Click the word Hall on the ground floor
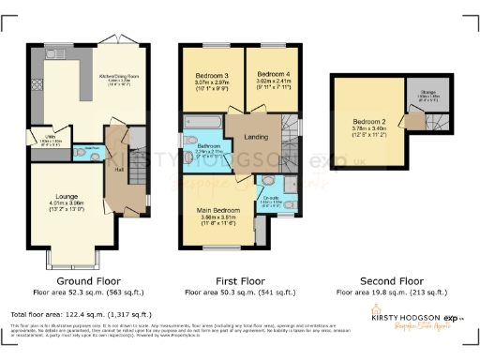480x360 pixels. [119, 170]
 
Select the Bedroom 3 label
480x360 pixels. [212, 77]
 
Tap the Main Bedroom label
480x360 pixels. [218, 212]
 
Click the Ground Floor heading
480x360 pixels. [86, 280]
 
